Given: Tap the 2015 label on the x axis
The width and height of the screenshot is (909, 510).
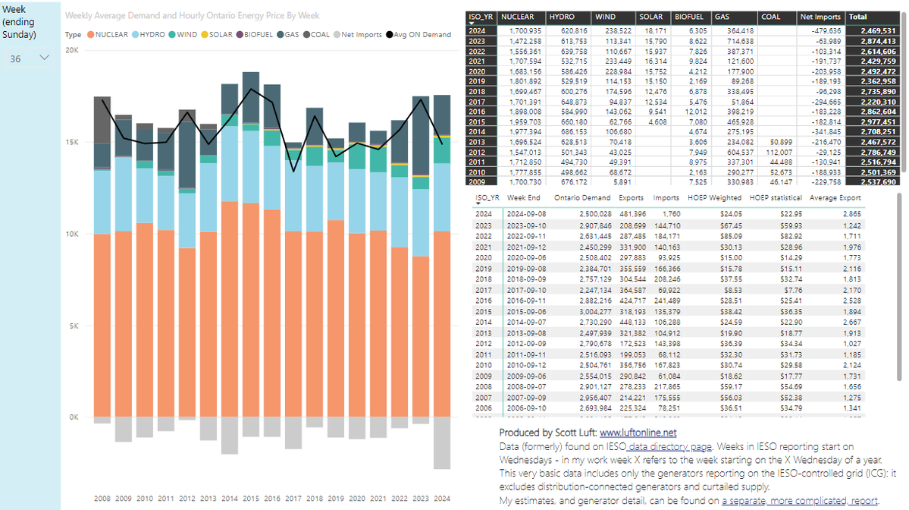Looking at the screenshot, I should click(251, 499).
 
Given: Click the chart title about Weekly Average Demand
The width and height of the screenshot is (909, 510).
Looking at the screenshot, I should click(192, 15).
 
